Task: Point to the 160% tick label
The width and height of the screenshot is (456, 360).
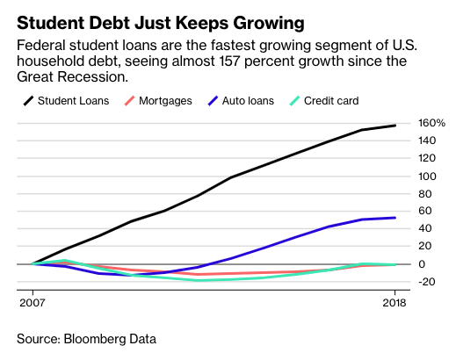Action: [431, 123]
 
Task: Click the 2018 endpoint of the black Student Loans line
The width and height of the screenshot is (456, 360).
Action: [395, 126]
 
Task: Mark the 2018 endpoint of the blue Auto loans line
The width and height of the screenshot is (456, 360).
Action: [395, 218]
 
